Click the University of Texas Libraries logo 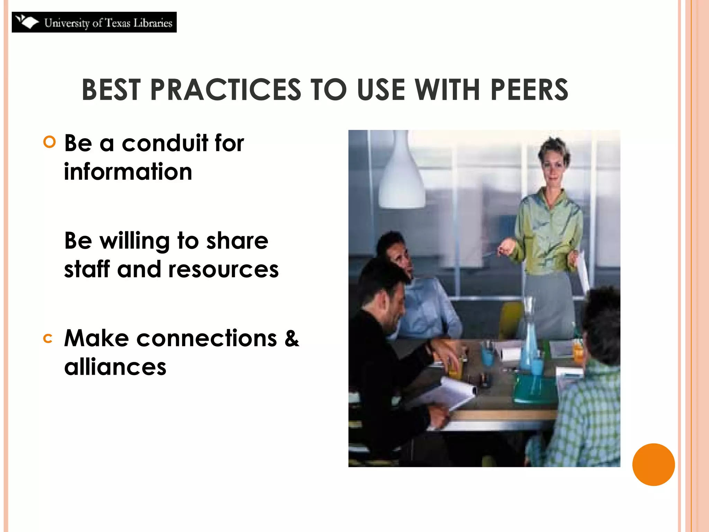(x=94, y=22)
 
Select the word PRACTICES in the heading (x=226, y=90)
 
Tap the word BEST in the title (x=111, y=90)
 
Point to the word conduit (x=165, y=143)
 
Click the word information (x=128, y=172)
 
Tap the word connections (x=207, y=338)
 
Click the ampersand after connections (x=291, y=338)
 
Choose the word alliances (x=115, y=367)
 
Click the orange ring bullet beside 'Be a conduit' (x=50, y=142)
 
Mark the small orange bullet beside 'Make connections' (x=48, y=339)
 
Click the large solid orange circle (x=653, y=464)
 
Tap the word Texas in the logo (x=118, y=23)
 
